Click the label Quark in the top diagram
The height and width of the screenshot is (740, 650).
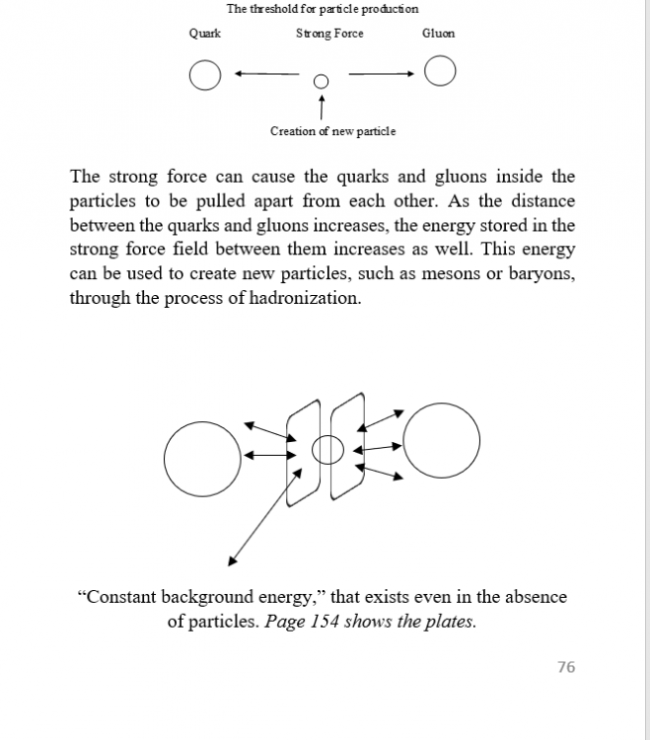[204, 34]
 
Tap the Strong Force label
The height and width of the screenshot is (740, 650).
[329, 34]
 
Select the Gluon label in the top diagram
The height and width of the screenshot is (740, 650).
[438, 34]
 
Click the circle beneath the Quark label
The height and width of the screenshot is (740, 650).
[204, 75]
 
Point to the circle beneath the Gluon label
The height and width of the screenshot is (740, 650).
[440, 72]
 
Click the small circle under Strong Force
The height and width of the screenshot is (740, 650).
[320, 82]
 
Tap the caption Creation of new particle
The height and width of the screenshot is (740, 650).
[332, 131]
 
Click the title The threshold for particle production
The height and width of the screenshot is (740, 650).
[323, 9]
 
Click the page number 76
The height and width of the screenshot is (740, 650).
[565, 668]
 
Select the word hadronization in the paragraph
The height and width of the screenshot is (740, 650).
[306, 298]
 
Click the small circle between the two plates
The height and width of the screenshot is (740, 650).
[327, 451]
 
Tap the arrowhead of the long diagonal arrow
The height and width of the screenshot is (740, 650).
[232, 561]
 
